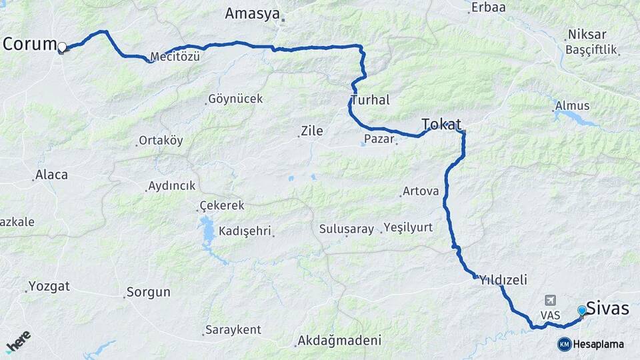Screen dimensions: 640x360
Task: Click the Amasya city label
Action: [x=251, y=13]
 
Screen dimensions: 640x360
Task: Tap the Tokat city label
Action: [x=441, y=124]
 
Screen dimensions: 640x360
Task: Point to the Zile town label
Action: [x=311, y=131]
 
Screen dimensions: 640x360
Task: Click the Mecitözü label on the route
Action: [x=175, y=57]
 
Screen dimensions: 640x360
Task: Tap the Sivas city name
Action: [x=607, y=308]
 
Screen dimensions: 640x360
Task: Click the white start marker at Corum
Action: [x=62, y=47]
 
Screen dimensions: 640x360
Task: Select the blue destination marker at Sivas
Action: [x=582, y=311]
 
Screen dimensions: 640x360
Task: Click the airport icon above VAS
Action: [x=550, y=300]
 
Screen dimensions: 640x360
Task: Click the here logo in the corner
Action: [x=18, y=341]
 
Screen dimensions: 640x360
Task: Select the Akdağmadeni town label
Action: [x=340, y=341]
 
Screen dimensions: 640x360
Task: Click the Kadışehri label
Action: [x=244, y=231]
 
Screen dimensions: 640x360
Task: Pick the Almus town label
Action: [x=572, y=106]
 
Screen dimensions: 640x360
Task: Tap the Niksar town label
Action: [x=587, y=34]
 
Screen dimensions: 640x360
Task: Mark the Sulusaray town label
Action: [x=347, y=229]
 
